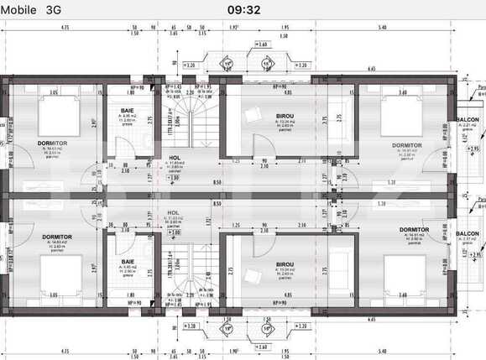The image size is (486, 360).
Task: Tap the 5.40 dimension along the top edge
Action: click(382, 27)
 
